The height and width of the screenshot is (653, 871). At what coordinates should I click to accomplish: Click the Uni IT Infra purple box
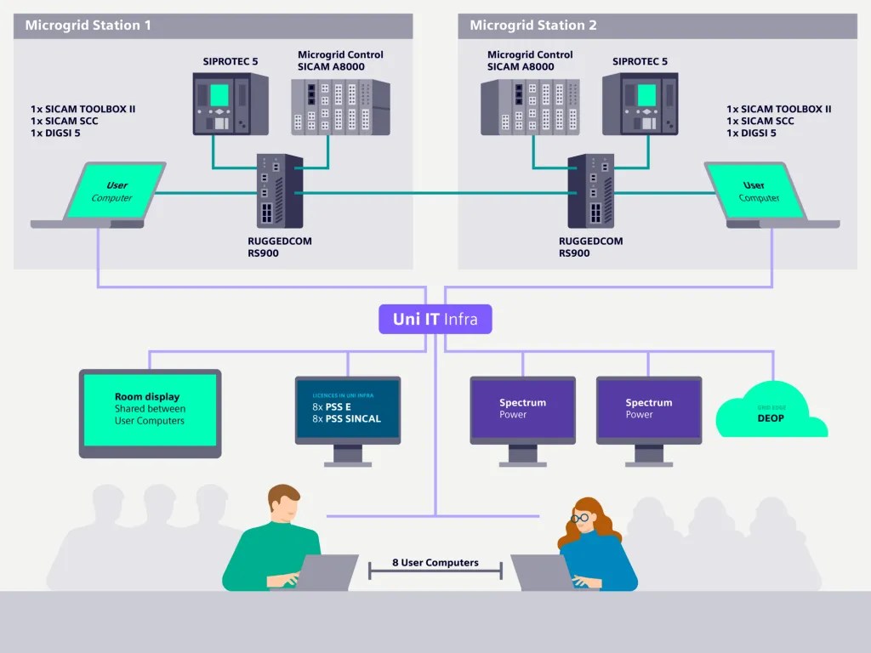click(x=435, y=320)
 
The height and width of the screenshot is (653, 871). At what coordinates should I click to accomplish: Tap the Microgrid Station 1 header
click(x=88, y=26)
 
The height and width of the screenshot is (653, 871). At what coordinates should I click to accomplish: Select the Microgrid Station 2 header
click(x=533, y=26)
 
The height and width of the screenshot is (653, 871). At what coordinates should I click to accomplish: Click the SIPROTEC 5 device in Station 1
click(x=231, y=104)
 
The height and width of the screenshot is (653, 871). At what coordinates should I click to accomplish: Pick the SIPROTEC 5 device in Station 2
click(x=640, y=104)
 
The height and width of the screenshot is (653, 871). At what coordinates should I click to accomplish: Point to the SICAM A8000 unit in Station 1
click(x=340, y=106)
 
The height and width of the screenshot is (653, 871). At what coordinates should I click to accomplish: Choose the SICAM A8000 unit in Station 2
click(x=530, y=106)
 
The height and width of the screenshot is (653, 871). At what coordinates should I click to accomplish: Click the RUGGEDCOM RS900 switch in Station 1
click(x=281, y=191)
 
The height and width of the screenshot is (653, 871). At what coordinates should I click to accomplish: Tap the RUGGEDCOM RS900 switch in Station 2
click(x=590, y=191)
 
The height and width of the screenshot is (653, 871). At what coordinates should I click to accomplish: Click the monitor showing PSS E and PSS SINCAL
click(x=347, y=411)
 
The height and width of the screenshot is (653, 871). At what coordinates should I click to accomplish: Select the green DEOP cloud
click(x=771, y=412)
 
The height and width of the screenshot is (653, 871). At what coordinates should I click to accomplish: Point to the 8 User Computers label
click(x=435, y=563)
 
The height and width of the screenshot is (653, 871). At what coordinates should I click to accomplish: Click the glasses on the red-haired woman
click(x=580, y=517)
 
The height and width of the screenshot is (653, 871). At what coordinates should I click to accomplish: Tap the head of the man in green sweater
click(x=283, y=506)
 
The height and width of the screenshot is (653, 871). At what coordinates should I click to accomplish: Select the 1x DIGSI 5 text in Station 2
click(x=751, y=133)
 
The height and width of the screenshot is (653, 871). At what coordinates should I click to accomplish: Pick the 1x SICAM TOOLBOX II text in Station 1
click(x=83, y=109)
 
